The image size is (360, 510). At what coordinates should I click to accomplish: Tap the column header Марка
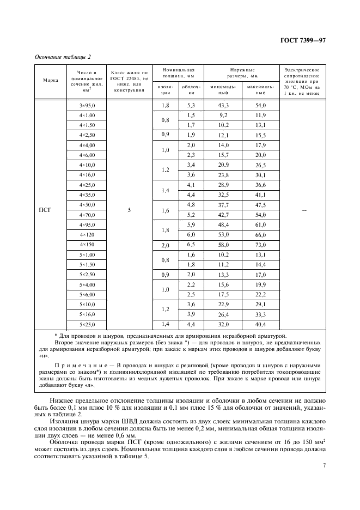(x=50, y=81)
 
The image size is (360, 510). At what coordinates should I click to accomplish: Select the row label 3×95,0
(x=87, y=105)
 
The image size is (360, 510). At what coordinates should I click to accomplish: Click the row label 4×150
(x=87, y=245)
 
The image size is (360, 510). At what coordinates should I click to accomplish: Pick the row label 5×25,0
(x=87, y=324)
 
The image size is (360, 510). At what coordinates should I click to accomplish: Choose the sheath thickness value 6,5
(x=191, y=245)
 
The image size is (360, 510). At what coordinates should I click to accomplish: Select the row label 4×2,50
(x=87, y=135)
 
